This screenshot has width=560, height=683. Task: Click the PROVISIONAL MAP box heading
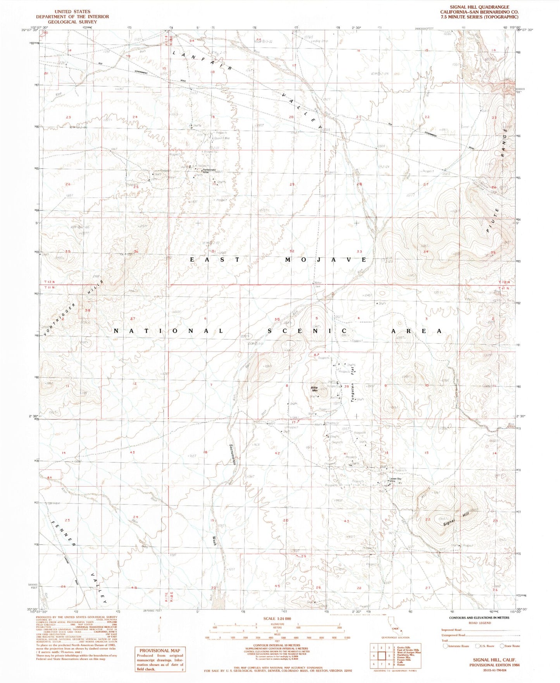160,650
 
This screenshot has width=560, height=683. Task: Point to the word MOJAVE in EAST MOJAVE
326,259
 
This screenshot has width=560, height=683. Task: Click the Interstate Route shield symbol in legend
446,646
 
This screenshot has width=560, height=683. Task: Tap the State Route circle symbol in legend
503,646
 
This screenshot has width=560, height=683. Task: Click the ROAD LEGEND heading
479,623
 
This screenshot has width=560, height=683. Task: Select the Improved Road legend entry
451,630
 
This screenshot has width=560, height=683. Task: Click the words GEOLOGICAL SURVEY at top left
72,22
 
